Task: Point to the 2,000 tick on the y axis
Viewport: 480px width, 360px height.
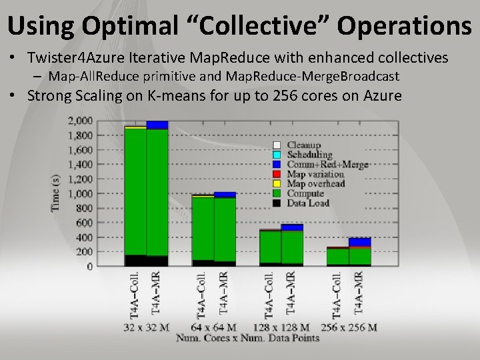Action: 80,121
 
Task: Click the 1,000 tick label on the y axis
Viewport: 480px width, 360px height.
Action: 80,193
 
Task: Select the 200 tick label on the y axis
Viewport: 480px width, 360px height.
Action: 84,251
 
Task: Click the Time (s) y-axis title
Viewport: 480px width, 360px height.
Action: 56,193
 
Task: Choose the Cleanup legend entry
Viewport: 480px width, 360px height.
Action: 303,145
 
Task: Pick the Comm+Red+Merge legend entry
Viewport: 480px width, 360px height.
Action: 327,164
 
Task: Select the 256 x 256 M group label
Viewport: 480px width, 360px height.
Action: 348,327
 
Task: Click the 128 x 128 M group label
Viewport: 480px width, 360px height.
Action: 281,327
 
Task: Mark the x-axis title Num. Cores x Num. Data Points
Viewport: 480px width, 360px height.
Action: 247,338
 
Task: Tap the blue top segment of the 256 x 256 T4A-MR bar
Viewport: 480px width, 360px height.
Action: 360,242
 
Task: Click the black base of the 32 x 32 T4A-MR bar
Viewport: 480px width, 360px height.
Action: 157,261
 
